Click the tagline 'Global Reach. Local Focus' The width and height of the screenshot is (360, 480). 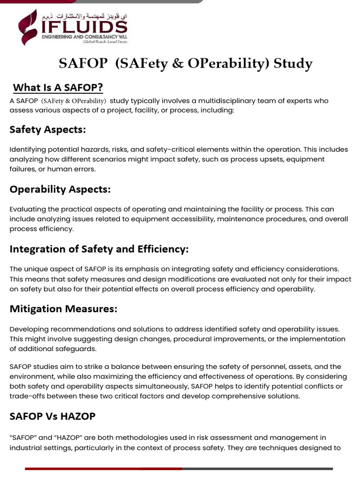(x=105, y=41)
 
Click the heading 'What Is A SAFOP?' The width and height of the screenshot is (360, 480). (x=58, y=87)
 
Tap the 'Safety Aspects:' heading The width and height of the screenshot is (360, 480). (x=47, y=130)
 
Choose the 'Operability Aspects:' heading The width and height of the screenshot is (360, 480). (x=60, y=189)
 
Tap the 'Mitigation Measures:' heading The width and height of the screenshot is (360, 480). (x=63, y=309)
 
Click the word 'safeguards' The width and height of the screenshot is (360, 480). (x=79, y=348)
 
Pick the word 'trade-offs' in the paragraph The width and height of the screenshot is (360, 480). (x=29, y=396)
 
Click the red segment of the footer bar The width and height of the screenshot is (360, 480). (x=103, y=468)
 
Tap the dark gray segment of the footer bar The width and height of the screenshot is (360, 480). (x=258, y=468)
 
